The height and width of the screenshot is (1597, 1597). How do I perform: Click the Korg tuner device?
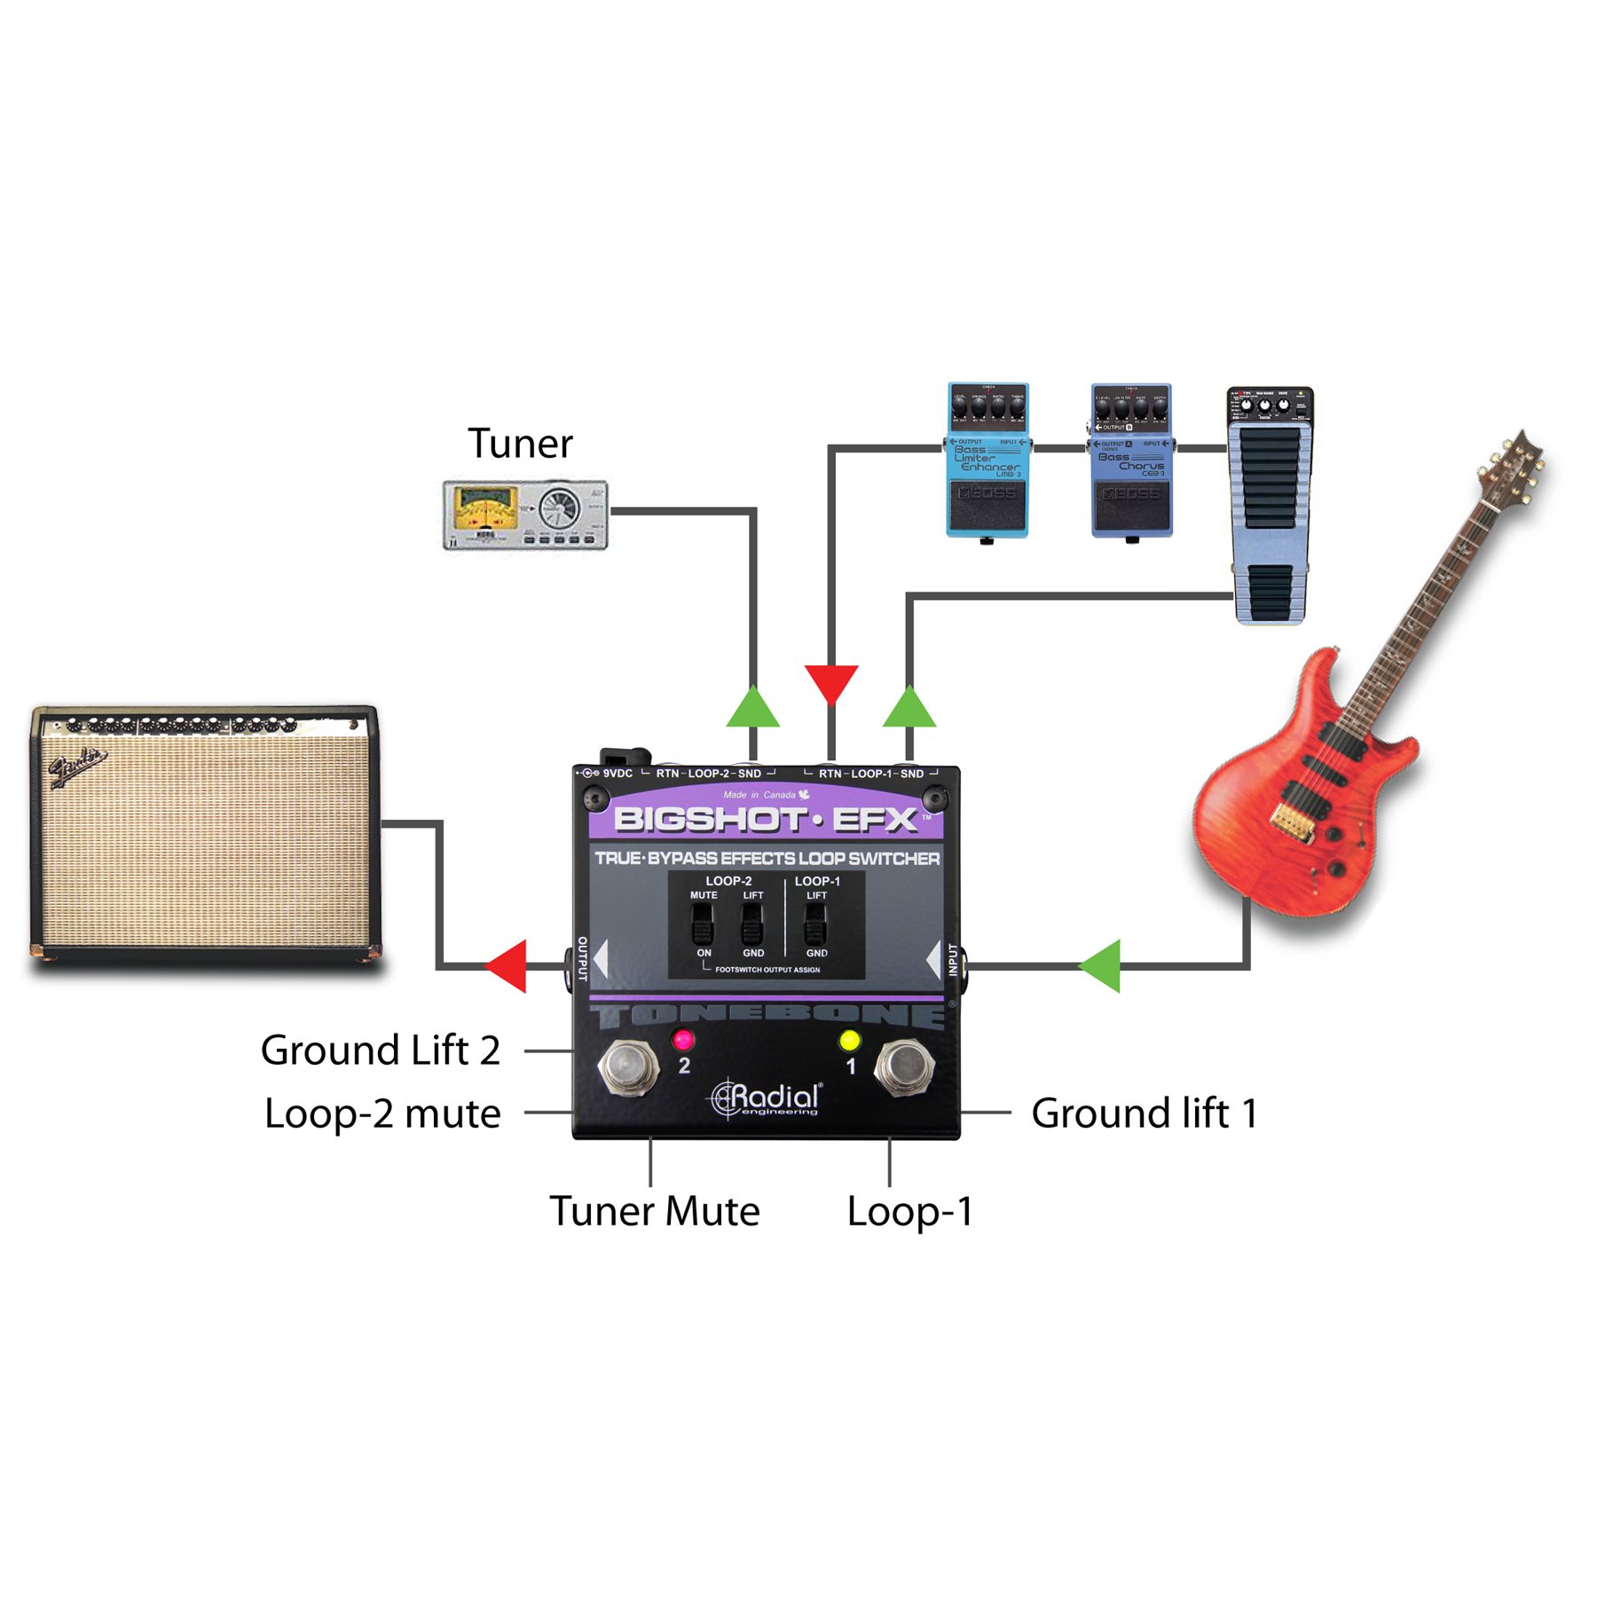point(525,515)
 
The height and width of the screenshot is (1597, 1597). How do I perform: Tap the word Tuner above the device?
point(520,444)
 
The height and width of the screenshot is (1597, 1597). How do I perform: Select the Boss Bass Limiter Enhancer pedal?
point(987,460)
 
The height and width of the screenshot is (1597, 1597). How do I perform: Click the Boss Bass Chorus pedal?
point(1131,460)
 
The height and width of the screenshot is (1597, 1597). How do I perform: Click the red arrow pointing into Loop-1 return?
point(831,681)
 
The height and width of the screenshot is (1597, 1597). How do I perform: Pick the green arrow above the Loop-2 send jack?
point(752,708)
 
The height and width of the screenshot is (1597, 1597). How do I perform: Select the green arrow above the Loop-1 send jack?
point(909,708)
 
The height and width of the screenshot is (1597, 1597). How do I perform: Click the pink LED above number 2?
point(683,1039)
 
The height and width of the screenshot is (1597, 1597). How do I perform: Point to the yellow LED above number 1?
point(850,1039)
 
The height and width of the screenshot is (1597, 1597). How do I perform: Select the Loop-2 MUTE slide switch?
point(703,925)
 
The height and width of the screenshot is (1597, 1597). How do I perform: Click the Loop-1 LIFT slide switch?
point(815,925)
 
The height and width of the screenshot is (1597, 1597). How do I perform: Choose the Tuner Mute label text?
point(655,1211)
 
